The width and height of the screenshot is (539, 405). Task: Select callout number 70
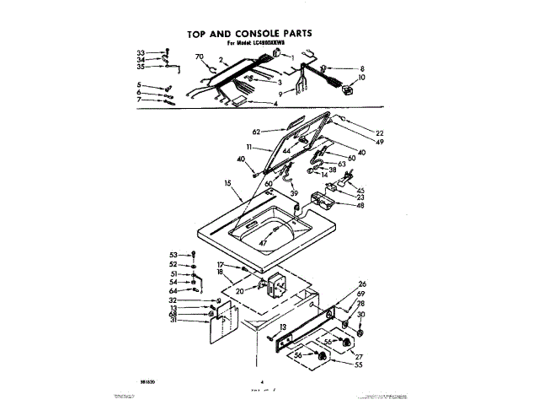click(200, 57)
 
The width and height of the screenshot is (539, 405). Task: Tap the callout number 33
click(141, 52)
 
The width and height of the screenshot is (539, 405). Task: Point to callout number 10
click(362, 78)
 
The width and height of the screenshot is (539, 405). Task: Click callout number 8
click(362, 68)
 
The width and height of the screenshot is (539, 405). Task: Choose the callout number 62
click(256, 132)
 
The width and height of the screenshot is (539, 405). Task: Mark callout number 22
click(380, 132)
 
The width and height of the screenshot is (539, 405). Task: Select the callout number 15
click(227, 183)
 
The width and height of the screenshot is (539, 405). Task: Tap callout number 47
click(263, 242)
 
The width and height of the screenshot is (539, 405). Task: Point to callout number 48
click(360, 205)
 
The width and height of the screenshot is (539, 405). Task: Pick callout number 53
click(173, 254)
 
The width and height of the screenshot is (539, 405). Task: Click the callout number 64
click(173, 291)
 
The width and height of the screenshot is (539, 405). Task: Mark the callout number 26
click(363, 283)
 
